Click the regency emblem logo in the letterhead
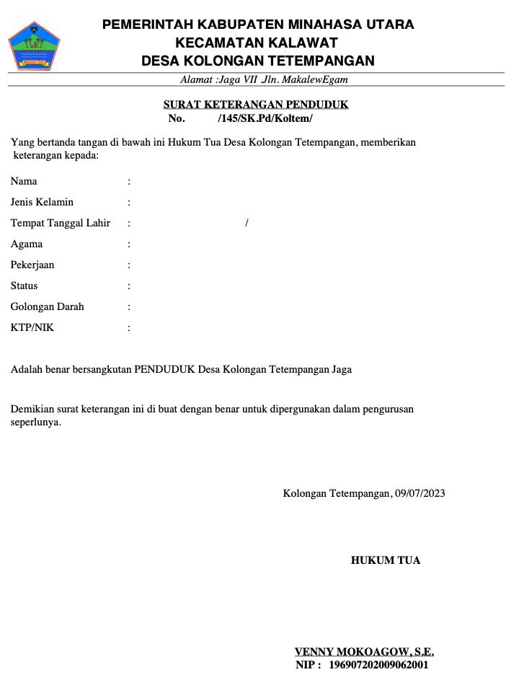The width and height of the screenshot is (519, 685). (x=33, y=45)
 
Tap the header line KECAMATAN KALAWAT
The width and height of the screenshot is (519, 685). (x=257, y=43)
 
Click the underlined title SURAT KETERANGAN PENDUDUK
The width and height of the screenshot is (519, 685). (x=256, y=105)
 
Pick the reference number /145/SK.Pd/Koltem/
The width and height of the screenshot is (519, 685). (x=265, y=118)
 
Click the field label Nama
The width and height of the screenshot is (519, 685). (x=24, y=181)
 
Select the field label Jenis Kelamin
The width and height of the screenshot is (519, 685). (x=42, y=202)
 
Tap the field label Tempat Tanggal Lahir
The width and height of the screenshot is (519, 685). (x=61, y=223)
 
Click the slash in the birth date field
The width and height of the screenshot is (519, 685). (x=247, y=223)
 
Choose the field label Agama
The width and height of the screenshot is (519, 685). (x=27, y=244)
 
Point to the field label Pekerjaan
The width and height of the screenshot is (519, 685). (x=32, y=265)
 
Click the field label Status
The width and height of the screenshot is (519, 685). (x=24, y=286)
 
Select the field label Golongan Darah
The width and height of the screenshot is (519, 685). (x=47, y=306)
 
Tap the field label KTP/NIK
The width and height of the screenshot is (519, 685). (x=32, y=328)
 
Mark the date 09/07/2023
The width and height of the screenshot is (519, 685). (x=420, y=494)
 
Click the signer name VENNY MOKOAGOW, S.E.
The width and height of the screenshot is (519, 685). (x=364, y=652)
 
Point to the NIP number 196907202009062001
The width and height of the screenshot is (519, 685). (x=378, y=664)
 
